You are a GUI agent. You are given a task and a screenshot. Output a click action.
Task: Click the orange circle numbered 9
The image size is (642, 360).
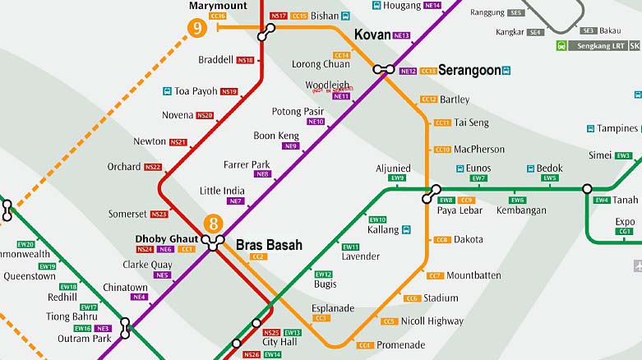click(x=196, y=28)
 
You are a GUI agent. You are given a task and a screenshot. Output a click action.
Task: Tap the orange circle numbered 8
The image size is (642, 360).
click(x=214, y=223)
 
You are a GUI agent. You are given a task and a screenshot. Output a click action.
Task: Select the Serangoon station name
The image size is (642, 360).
click(x=469, y=71)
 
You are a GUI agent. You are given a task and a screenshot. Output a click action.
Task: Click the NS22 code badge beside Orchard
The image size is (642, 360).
click(x=153, y=167)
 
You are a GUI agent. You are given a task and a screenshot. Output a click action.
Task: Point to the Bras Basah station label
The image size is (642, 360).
click(x=269, y=245)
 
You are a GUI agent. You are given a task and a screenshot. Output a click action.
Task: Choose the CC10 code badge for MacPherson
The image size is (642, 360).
click(x=442, y=150)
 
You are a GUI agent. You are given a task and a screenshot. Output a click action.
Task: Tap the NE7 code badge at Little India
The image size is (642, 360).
click(x=236, y=201)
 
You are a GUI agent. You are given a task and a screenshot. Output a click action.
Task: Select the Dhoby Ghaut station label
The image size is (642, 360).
click(x=161, y=238)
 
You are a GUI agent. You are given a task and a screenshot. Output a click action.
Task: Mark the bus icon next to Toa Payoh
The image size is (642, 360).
click(x=167, y=91)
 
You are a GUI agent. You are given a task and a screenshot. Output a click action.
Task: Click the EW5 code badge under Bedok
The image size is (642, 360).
click(x=549, y=178)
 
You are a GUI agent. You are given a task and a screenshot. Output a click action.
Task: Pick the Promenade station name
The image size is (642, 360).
click(x=401, y=345)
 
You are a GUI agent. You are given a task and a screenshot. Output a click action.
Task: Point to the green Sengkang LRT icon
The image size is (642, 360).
click(x=561, y=46)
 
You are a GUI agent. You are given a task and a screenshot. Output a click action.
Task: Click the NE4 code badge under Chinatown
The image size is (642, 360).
click(x=139, y=297)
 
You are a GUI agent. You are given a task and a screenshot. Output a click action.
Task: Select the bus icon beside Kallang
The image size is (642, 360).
click(x=407, y=230)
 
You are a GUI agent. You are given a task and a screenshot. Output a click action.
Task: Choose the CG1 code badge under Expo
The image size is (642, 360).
click(x=626, y=232)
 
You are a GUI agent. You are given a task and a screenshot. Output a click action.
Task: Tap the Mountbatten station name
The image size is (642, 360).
click(x=473, y=275)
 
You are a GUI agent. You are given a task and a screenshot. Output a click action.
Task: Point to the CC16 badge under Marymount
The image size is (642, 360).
click(x=218, y=16)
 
